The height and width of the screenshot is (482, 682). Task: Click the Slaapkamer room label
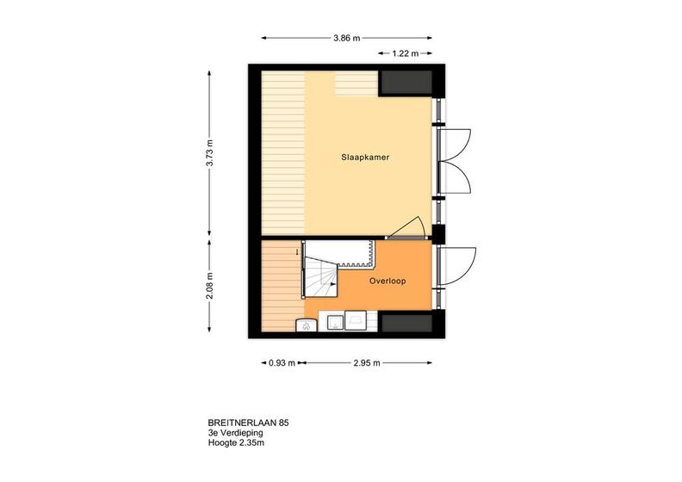(365, 158)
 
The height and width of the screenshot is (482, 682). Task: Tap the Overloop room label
(387, 281)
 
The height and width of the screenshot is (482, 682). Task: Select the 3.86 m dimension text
(347, 38)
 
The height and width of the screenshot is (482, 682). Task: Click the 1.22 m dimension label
(405, 53)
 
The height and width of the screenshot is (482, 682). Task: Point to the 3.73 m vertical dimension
(209, 152)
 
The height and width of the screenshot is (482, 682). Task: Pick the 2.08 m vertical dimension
(209, 286)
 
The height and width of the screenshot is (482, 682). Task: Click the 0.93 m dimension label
(282, 363)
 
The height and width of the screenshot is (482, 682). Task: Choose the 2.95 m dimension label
(367, 363)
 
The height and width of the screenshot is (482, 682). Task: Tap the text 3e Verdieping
(235, 433)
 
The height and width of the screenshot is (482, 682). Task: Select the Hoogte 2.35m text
(236, 443)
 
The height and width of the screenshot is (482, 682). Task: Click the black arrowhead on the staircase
(333, 284)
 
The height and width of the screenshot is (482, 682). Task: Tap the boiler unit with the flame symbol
(307, 325)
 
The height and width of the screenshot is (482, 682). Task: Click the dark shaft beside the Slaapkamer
(406, 83)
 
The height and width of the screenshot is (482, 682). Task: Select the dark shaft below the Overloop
(406, 323)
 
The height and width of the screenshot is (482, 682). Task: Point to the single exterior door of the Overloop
(456, 266)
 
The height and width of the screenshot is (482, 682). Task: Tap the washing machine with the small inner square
(335, 323)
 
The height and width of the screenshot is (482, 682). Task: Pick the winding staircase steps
(321, 277)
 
